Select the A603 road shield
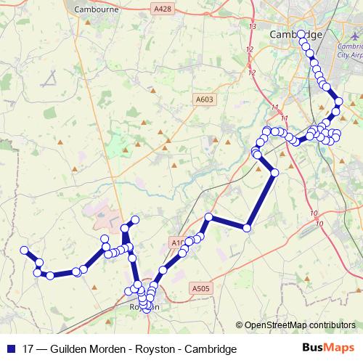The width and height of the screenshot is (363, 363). click(x=204, y=99)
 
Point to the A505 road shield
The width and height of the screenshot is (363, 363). click(x=202, y=288)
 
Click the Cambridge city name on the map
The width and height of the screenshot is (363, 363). click(x=295, y=34)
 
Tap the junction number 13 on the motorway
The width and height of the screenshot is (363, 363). click(x=252, y=27)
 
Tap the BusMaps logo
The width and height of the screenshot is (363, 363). click(x=328, y=348)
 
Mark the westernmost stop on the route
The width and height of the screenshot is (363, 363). click(x=24, y=251)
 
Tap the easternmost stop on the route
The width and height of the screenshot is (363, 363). click(x=338, y=111)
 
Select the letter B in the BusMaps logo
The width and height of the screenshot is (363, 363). click(x=306, y=348)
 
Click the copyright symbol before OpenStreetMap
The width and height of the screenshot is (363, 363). click(x=240, y=325)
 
